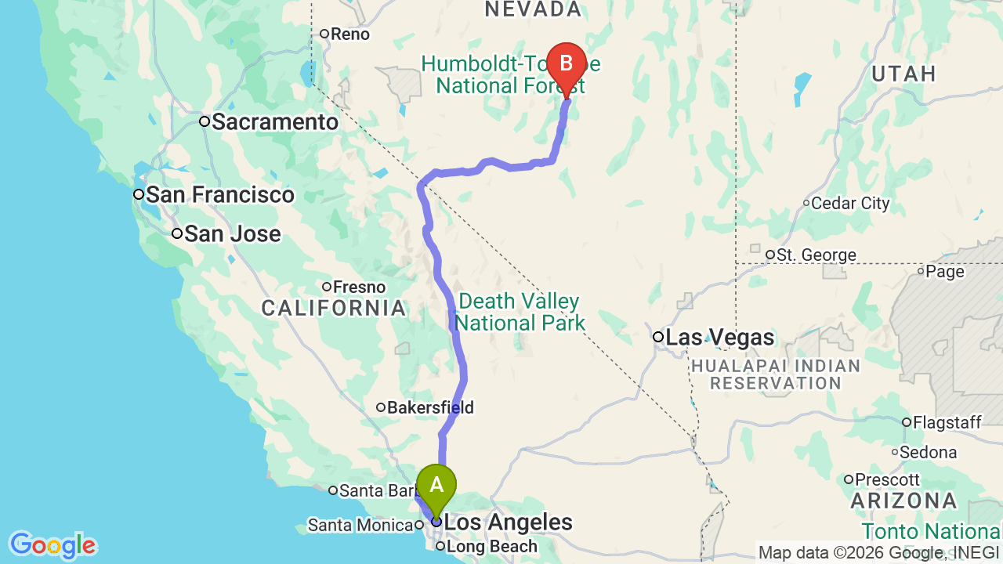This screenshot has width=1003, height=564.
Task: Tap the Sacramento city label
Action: point(274,122)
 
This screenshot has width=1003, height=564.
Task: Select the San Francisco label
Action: point(219,195)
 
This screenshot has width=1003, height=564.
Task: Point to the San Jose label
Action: point(232,234)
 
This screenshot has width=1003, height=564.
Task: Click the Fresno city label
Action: point(360,287)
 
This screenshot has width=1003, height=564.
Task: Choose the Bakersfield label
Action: point(430,408)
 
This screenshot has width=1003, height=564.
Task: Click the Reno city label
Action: point(349,34)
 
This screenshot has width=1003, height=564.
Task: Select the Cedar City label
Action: point(850,204)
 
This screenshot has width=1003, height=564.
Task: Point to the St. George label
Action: point(816,255)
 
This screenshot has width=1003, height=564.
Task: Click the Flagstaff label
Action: point(951,423)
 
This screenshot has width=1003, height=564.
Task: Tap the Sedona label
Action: point(929,453)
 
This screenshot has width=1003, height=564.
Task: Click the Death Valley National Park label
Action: point(520,312)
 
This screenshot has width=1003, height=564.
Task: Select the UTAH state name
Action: point(903,74)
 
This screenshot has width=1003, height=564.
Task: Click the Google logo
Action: point(53,545)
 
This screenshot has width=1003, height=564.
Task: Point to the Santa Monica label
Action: point(360,525)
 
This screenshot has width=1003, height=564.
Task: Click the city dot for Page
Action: point(922,272)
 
